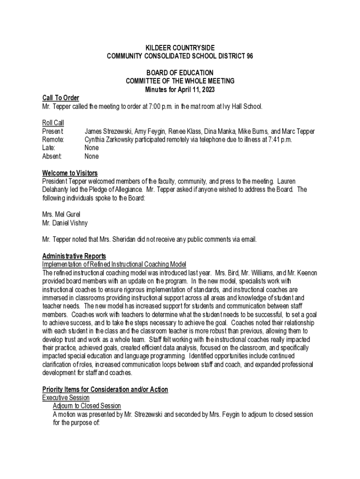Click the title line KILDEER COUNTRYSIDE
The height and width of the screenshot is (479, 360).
180,48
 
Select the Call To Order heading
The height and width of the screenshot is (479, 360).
60,98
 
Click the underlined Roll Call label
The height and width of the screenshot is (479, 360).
53,123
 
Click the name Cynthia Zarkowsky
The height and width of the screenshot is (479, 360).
110,139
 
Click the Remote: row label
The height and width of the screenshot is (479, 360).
53,139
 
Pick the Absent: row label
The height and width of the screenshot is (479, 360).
52,156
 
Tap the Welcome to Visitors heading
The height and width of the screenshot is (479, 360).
70,173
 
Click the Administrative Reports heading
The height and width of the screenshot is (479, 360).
74,256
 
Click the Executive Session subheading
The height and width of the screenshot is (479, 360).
66,398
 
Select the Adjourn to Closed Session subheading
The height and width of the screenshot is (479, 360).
86,406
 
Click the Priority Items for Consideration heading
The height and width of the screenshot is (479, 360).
105,389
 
